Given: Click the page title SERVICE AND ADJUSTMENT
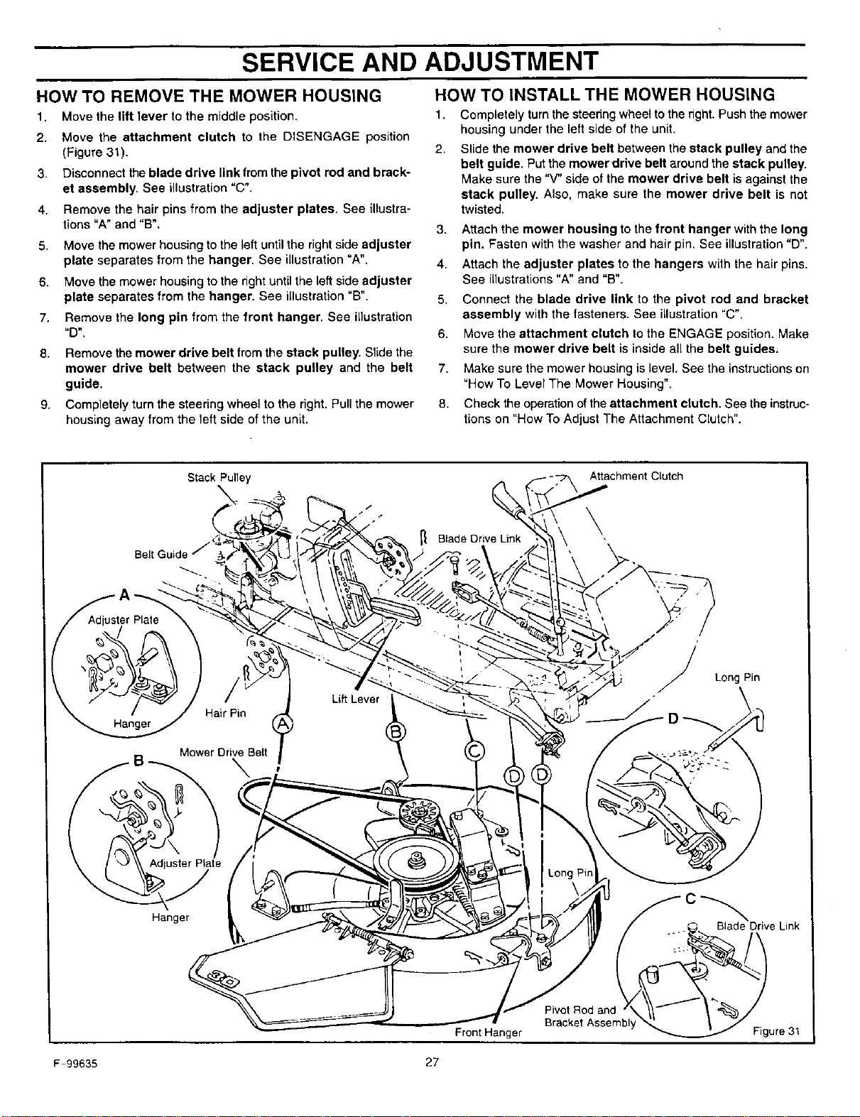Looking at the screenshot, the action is [x=420, y=61].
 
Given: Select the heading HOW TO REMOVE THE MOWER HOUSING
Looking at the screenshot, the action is [x=209, y=96].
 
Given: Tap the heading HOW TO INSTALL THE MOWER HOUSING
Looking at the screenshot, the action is [x=604, y=94].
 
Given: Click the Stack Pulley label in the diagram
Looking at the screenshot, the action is [x=219, y=478].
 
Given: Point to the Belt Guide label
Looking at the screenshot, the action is [x=161, y=554].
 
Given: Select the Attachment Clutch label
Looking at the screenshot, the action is [x=636, y=476].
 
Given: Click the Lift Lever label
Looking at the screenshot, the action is [x=355, y=699].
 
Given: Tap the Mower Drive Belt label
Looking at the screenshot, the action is [x=223, y=753].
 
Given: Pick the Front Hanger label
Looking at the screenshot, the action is [x=489, y=1032].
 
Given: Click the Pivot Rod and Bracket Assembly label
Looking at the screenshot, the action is [x=589, y=1016].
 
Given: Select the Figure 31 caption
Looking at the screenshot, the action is [x=776, y=1031].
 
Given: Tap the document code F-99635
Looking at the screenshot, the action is [x=75, y=1064].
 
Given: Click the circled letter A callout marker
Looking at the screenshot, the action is [x=282, y=724].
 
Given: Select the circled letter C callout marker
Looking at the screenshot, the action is [x=474, y=752].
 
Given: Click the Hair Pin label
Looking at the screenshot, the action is [x=225, y=713].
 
